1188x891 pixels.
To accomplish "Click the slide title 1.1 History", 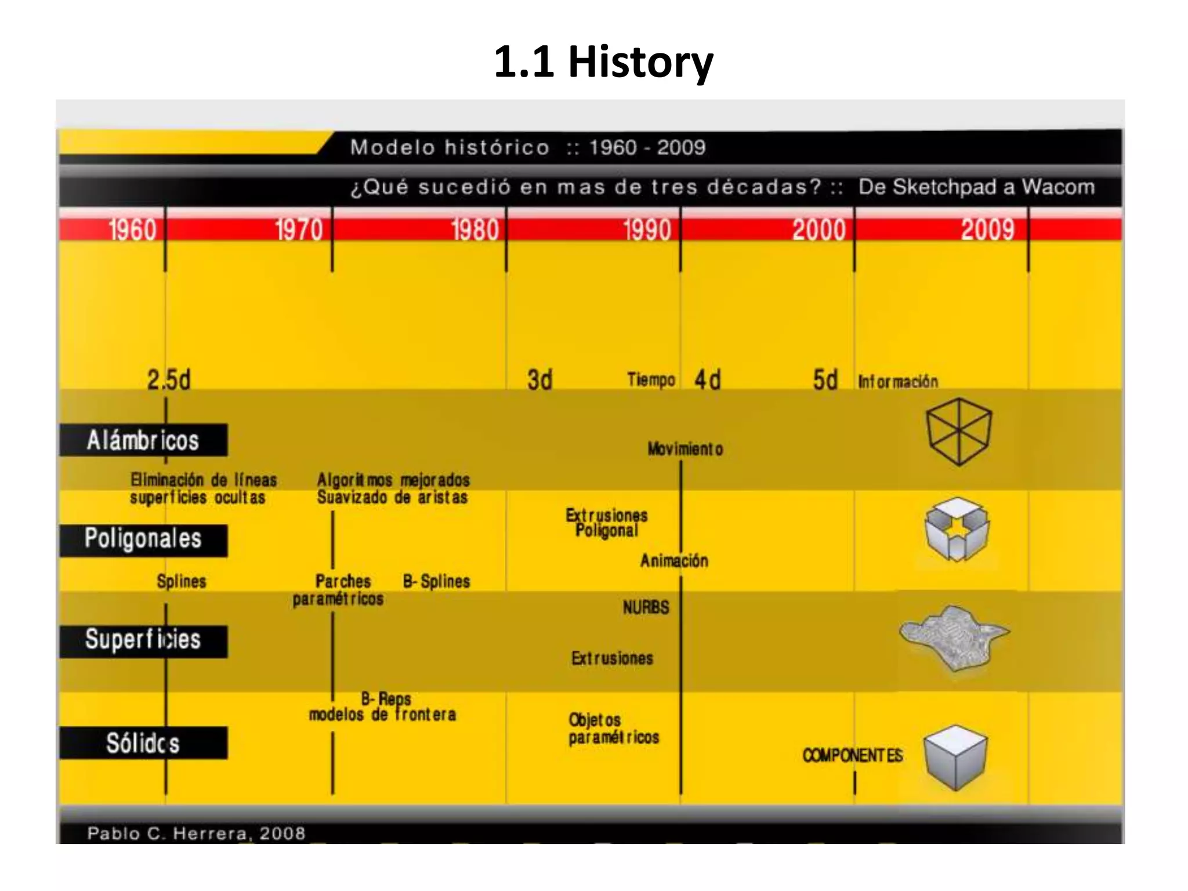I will point(603,61).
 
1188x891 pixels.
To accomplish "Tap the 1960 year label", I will point(132,230).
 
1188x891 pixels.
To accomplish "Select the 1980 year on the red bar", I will point(475,230).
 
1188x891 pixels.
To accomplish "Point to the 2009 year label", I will point(988,230).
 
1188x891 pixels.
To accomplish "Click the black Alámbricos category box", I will point(143,440).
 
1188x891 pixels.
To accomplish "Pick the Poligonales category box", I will point(143,540).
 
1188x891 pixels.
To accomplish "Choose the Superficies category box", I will point(143,640).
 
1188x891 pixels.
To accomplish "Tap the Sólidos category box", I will point(143,742).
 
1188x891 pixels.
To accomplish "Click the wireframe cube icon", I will point(958,431).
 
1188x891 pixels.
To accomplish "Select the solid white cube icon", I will point(955,757).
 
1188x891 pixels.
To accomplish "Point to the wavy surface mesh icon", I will point(954,637).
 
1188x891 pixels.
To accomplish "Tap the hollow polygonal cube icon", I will point(956,529).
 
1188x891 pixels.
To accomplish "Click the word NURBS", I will point(646,607).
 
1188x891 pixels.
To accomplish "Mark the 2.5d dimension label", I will point(168,380).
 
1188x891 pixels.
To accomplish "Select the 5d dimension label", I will point(825,380).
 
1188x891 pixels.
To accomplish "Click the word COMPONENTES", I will point(852,755).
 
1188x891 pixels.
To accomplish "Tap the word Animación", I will point(674,561).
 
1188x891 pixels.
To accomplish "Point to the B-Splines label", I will point(436,581).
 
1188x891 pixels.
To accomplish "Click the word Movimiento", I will point(685,449).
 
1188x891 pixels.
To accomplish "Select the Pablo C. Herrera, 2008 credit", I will point(196,834).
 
